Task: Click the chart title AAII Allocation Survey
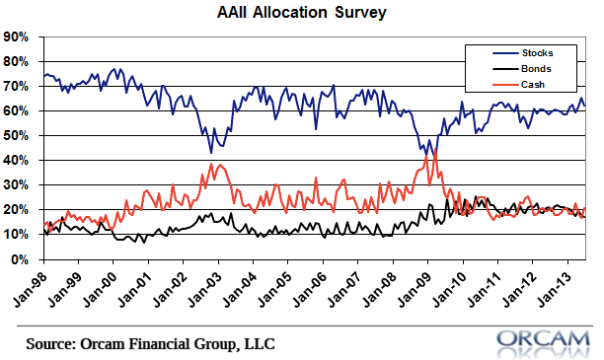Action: coord(302,12)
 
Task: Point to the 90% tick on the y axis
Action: coord(16,37)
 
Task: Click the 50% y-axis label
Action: coord(16,136)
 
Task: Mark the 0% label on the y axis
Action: coord(20,259)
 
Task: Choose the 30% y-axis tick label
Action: coord(16,185)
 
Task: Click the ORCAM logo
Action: coord(543,343)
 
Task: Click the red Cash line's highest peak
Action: coord(434,149)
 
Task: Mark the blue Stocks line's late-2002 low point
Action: coord(210,153)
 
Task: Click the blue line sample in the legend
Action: coord(505,53)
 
